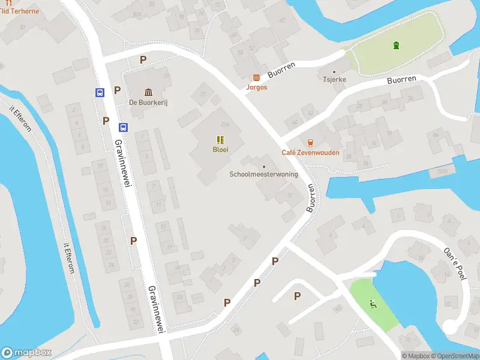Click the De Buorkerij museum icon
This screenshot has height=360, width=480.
click(148, 92)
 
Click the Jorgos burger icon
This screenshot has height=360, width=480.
click(257, 77)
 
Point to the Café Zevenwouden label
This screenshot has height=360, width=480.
click(310, 152)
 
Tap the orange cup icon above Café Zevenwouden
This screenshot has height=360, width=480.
click(310, 142)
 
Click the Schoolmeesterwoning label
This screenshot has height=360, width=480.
click(263, 175)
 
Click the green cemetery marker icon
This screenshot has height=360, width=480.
click(395, 46)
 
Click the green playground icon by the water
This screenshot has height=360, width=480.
click(373, 304)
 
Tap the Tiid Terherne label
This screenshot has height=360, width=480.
click(20, 11)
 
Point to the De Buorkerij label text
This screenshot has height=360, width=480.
click(148, 103)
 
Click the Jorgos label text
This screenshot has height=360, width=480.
click(257, 87)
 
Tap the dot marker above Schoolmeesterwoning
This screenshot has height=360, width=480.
click(264, 166)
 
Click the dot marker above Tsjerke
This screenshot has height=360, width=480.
click(334, 71)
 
